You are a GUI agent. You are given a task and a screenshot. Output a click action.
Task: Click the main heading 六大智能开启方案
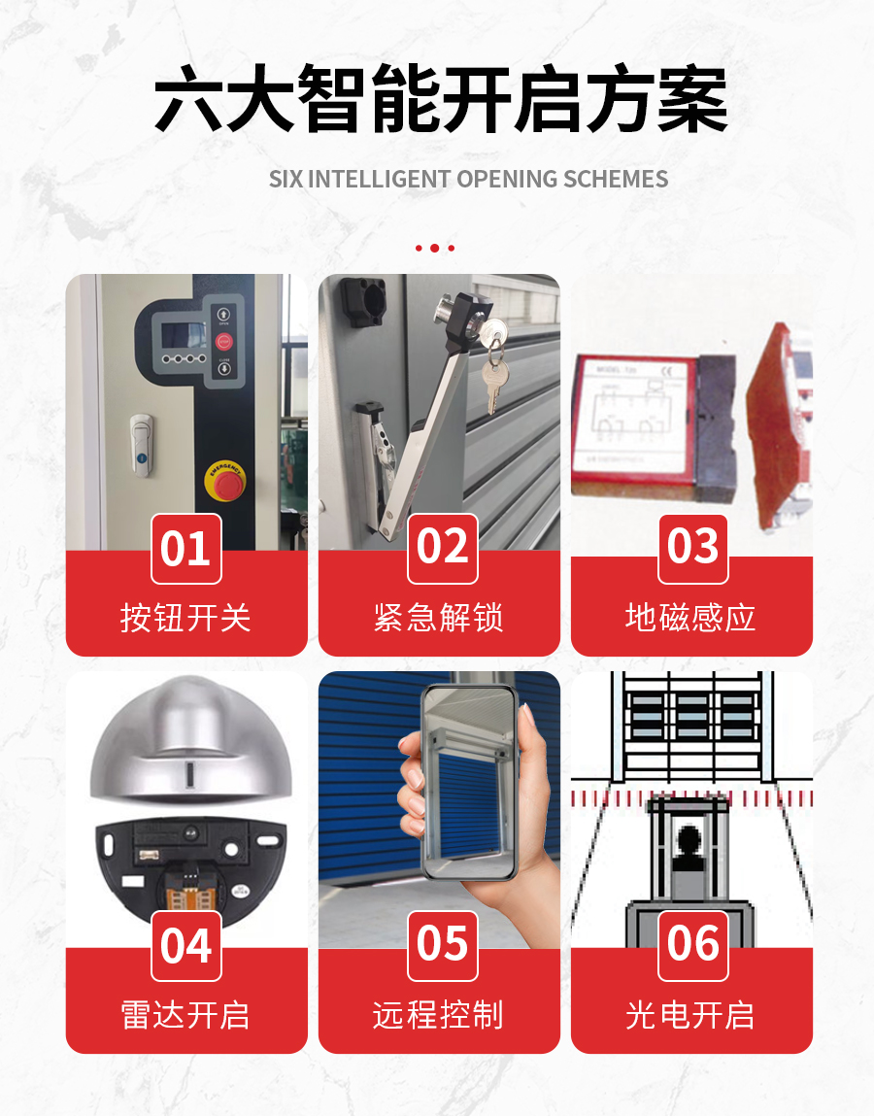441,100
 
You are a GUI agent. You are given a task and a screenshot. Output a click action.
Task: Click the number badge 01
185,549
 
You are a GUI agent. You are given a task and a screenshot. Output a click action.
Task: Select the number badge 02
442,547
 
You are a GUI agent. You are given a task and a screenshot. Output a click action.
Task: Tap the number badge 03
692,547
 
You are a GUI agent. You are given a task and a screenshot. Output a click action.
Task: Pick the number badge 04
185,945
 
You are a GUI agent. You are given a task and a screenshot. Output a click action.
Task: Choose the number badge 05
442,945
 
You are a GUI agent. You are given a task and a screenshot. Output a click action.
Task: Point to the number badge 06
692,945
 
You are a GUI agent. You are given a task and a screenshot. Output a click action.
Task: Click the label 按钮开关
185,618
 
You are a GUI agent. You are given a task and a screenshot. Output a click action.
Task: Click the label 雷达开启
185,1015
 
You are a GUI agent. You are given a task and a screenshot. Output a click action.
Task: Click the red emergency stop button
224,481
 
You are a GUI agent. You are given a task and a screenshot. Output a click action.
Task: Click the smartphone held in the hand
468,782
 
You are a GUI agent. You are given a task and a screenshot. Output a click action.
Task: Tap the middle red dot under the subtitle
435,249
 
